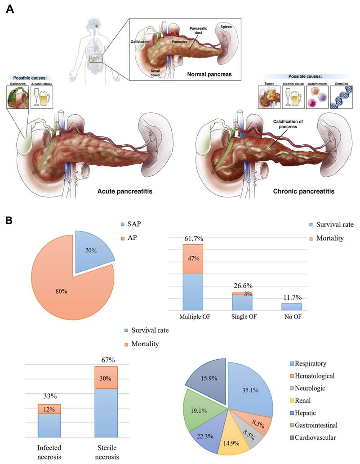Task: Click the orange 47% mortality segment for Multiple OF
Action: (193, 259)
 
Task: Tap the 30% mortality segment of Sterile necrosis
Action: (106, 378)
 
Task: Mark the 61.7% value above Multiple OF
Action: (193, 238)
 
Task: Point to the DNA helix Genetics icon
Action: (341, 98)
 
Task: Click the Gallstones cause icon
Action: (18, 98)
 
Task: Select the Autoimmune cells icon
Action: (317, 98)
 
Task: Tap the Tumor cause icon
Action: (269, 98)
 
